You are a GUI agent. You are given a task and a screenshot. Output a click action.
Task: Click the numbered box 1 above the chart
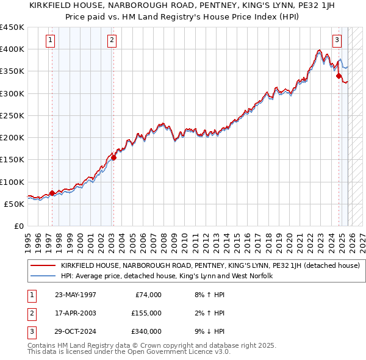[49, 41]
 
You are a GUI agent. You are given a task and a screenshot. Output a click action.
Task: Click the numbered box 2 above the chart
[112, 41]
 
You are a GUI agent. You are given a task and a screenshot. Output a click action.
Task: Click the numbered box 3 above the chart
[337, 41]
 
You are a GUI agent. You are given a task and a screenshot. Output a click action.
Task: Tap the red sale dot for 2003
[114, 157]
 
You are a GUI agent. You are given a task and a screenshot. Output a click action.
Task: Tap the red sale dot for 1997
[52, 193]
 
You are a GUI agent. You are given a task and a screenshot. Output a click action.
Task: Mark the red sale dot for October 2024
[339, 76]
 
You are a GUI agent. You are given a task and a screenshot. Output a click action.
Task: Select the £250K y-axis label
[12, 115]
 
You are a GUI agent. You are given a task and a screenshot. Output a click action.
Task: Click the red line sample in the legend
[43, 265]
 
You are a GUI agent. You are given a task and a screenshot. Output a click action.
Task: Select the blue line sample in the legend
[43, 276]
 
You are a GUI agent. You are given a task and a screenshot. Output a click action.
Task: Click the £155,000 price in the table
[147, 313]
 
